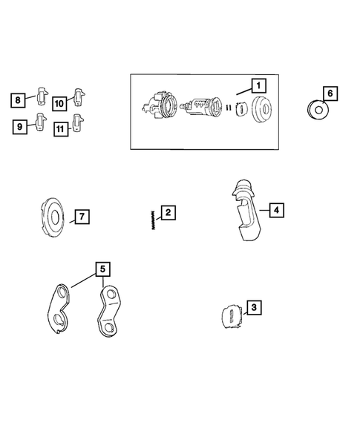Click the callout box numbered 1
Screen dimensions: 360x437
[x=258, y=85]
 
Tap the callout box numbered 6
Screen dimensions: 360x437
[x=330, y=93]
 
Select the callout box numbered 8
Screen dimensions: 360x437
[x=18, y=100]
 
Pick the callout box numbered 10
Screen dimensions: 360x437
[x=59, y=104]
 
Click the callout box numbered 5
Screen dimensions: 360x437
[x=102, y=269]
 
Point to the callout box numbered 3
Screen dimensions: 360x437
[x=254, y=307]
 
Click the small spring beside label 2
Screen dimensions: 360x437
[x=153, y=220]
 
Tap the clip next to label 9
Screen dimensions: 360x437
[x=41, y=122]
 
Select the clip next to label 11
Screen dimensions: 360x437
[x=78, y=122]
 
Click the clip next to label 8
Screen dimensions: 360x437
[x=42, y=96]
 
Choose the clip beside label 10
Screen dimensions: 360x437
[x=79, y=97]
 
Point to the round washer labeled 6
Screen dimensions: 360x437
[x=318, y=110]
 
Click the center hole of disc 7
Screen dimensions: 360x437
[x=55, y=217]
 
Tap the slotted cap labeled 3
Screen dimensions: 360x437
[x=232, y=316]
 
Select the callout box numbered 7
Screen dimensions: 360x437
[x=82, y=217]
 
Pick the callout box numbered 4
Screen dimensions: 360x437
[x=277, y=210]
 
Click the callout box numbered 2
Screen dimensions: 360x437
[x=168, y=213]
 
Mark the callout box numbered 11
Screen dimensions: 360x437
[x=61, y=129]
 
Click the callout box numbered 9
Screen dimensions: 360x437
[x=20, y=127]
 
